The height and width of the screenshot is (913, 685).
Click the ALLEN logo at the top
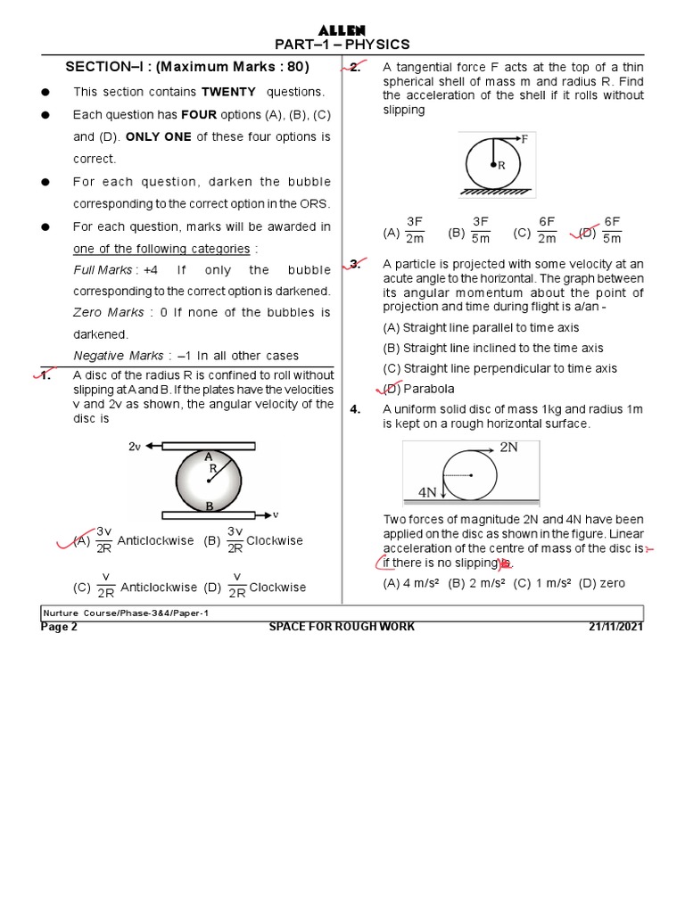342,30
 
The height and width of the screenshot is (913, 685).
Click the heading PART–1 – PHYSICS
342,45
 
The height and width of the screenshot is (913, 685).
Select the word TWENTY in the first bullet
228,92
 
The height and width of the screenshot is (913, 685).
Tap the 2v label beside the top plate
136,446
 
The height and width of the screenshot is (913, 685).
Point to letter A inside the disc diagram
208,456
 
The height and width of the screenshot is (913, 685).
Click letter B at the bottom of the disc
210,506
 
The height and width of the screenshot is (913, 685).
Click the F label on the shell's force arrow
524,139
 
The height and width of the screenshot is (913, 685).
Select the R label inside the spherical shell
502,165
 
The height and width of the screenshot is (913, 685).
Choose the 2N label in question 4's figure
508,448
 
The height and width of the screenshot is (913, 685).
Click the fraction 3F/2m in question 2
415,230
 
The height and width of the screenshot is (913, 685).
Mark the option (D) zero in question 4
602,583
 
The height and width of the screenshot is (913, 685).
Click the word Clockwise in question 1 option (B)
275,540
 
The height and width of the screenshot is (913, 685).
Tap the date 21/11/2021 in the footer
615,627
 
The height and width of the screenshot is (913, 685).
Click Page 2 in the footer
60,627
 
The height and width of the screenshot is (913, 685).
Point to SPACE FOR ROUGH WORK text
342,627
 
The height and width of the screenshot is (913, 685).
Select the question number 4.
355,409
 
